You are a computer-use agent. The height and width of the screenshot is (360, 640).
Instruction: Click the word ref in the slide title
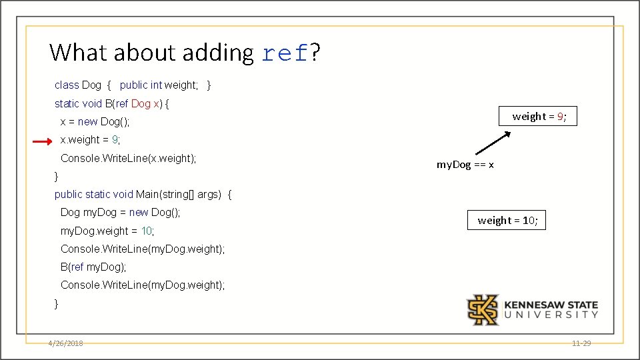[285, 53]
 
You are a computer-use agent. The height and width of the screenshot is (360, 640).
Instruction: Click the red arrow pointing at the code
[42, 141]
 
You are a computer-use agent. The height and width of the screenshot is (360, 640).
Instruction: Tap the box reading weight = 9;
[539, 117]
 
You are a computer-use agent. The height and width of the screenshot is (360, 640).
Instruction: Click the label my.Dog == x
[465, 165]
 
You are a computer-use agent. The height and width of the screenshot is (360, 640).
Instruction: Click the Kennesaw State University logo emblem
[482, 310]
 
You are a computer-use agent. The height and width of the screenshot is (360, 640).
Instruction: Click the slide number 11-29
[581, 343]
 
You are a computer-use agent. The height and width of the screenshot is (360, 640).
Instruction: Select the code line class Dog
[133, 85]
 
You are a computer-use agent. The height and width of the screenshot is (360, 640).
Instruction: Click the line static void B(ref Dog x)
[112, 104]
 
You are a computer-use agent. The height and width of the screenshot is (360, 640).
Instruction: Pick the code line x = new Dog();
[95, 122]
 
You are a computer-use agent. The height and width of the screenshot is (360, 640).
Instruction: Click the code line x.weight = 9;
[90, 140]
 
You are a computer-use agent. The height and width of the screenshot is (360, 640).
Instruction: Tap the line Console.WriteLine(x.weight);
[129, 159]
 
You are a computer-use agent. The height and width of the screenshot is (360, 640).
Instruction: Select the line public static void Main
[143, 195]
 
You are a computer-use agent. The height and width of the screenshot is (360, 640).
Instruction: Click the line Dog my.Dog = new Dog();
[121, 213]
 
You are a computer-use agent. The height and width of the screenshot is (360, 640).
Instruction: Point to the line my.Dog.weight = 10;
[107, 231]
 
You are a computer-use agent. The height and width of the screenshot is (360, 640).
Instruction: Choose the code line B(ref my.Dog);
[93, 267]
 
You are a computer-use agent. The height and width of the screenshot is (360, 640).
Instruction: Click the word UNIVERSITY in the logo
[551, 315]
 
